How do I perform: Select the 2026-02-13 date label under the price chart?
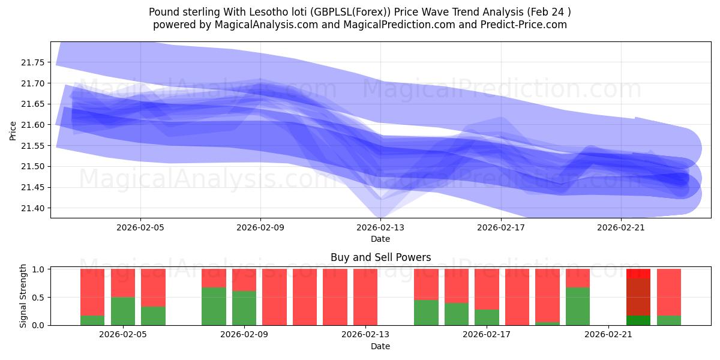pyautogui.click(x=380, y=227)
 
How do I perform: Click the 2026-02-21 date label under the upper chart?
pyautogui.click(x=620, y=227)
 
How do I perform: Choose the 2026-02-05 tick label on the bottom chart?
pyautogui.click(x=123, y=335)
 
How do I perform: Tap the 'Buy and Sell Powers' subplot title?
pyautogui.click(x=380, y=257)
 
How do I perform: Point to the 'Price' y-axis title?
pyautogui.click(x=14, y=130)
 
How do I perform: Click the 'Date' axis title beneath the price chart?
pyautogui.click(x=380, y=239)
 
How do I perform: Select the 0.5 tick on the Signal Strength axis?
pyautogui.click(x=38, y=297)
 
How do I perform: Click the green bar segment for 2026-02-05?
pyautogui.click(x=123, y=311)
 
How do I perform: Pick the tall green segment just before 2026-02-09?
pyautogui.click(x=214, y=306)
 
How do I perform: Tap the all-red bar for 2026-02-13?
pyautogui.click(x=365, y=297)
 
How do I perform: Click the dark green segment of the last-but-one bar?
pyautogui.click(x=638, y=320)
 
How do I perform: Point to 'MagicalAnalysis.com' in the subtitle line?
pyautogui.click(x=251, y=25)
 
